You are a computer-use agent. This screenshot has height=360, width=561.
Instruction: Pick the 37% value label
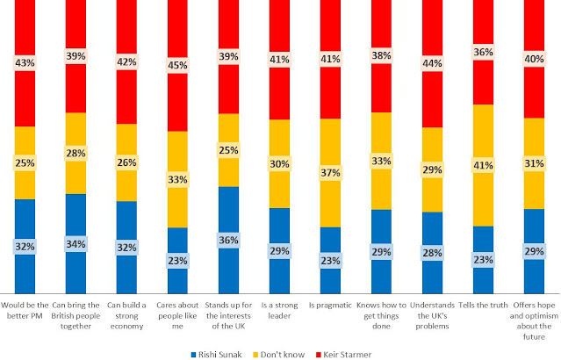331,173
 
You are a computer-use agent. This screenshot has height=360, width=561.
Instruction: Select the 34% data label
76,243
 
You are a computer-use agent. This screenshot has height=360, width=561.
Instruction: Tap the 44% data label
433,64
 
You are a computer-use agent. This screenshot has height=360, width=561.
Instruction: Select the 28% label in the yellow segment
76,153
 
